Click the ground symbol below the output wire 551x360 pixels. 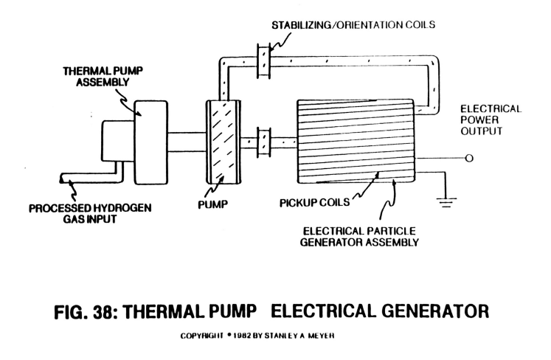[446, 202]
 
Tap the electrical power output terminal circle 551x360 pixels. [469, 158]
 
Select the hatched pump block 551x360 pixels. [223, 142]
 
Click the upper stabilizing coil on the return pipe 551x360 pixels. [263, 60]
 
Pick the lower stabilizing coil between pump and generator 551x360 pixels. [263, 142]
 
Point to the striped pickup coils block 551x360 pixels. [356, 142]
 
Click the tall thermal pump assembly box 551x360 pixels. [151, 142]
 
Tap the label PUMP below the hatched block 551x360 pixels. [212, 204]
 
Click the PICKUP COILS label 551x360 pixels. [314, 202]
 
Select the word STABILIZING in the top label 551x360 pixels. [301, 25]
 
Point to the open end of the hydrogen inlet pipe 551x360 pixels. [61, 179]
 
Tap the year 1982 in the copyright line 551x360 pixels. [242, 336]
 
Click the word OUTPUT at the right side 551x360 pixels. [482, 131]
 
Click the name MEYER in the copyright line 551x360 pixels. [321, 336]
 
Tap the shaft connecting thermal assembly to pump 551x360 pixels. [187, 142]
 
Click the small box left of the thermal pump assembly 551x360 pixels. [118, 142]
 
